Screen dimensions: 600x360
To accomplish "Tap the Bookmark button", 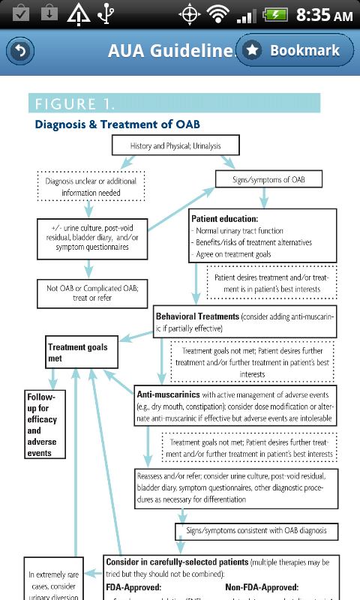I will click(x=294, y=50).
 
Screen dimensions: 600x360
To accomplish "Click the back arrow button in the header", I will click(x=20, y=51).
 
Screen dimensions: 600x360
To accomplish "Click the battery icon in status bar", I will click(x=276, y=15).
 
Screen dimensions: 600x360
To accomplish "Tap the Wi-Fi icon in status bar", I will click(x=218, y=15).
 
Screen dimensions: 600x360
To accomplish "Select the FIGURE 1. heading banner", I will click(x=174, y=103).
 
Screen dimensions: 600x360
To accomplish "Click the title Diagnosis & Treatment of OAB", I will click(x=117, y=124).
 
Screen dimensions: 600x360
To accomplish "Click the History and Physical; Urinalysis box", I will click(x=176, y=145).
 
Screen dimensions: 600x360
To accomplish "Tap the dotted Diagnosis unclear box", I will click(x=91, y=187).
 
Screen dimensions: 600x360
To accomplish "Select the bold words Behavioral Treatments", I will click(x=197, y=316).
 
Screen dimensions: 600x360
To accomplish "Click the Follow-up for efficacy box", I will click(x=42, y=425).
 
